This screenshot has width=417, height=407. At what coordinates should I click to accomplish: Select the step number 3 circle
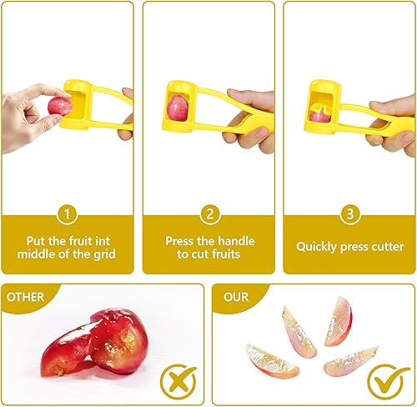[x=349, y=214]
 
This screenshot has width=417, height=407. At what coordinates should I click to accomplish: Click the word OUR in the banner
[x=237, y=296]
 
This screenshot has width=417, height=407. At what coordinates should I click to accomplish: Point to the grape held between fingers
[x=58, y=105]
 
